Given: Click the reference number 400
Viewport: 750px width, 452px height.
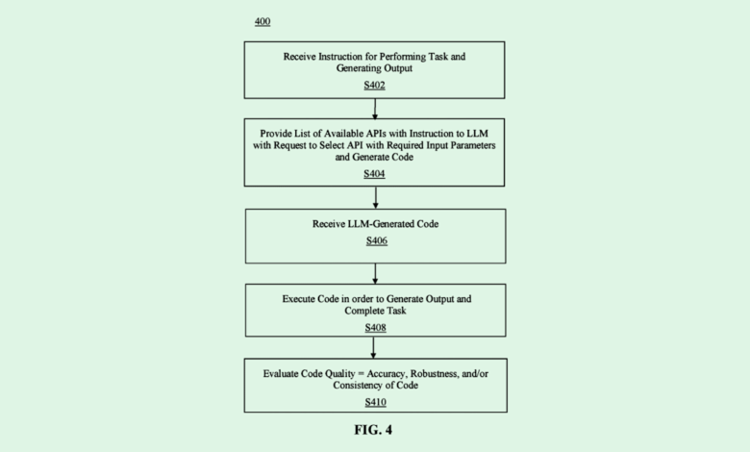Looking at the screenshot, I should click(x=262, y=20).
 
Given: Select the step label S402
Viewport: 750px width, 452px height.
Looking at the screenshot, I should click(x=376, y=86).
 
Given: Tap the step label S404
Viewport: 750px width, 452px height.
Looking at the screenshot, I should click(x=376, y=173).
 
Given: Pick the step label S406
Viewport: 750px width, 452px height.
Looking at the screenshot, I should click(x=376, y=240).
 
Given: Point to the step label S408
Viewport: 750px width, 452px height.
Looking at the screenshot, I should click(x=376, y=327).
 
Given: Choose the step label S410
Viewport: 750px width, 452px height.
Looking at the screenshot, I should click(x=376, y=401).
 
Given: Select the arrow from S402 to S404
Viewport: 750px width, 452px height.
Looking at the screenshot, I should click(x=376, y=108).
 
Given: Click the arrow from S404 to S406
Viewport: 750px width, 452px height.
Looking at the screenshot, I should click(x=376, y=197).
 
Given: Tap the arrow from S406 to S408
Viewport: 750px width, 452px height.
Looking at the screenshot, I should click(x=376, y=272).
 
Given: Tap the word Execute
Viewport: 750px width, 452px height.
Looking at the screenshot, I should click(x=299, y=298).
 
